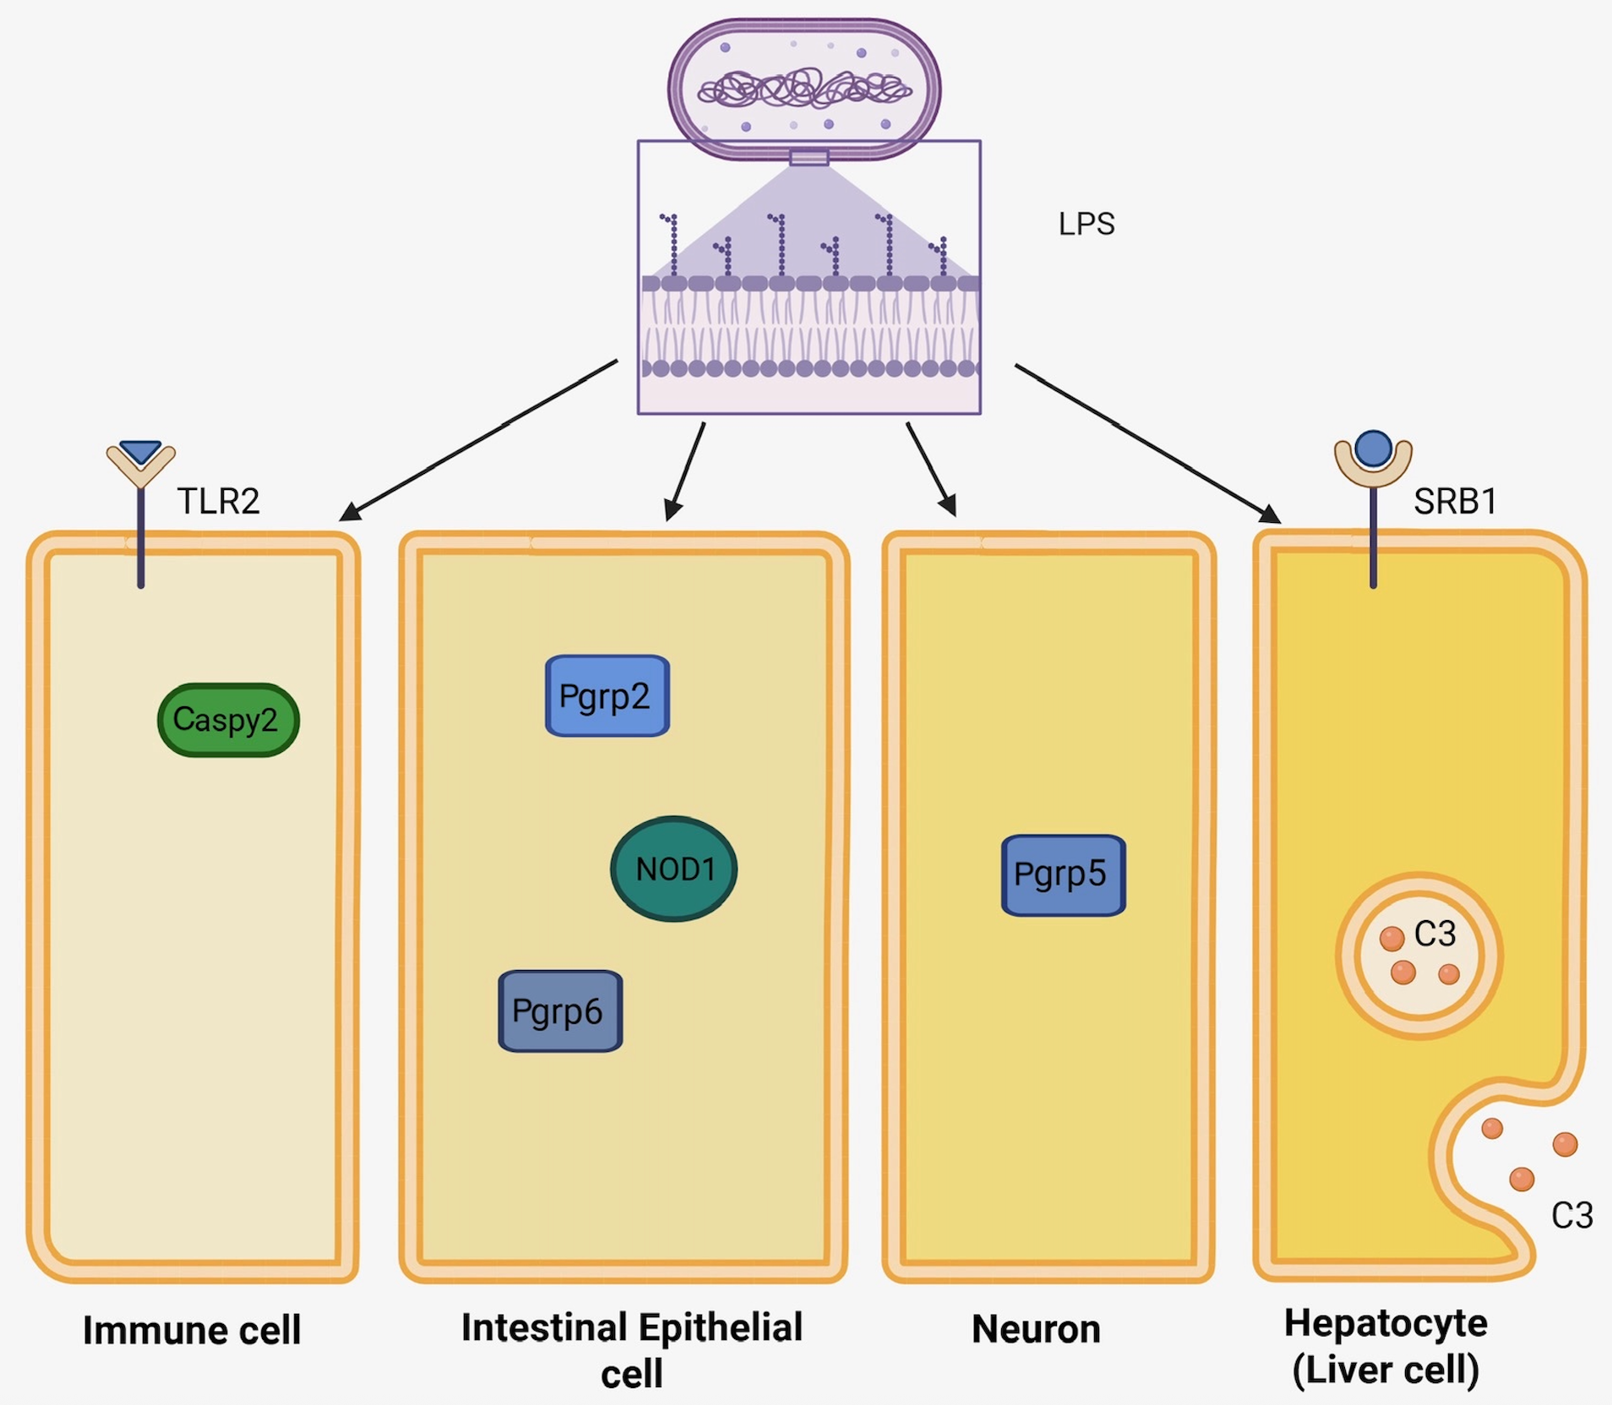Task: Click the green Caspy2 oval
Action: (228, 720)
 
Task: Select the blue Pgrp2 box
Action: (607, 696)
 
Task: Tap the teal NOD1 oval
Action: (673, 869)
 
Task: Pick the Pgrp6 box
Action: (560, 1011)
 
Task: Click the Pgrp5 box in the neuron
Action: (1063, 875)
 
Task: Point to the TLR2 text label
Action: (218, 501)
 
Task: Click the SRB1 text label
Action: (1455, 501)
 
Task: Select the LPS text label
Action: (1086, 224)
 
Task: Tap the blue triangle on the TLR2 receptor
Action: (140, 451)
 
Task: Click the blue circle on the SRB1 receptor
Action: (1373, 448)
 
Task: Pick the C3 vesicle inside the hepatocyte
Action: (1419, 956)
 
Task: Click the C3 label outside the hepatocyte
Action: (1571, 1216)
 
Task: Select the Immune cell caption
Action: (192, 1331)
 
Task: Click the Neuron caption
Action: (1036, 1329)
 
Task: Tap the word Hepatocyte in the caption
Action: (1386, 1323)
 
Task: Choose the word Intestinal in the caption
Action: (544, 1327)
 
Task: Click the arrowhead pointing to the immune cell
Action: (348, 513)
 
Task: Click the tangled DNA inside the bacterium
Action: (804, 89)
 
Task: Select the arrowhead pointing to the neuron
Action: (949, 505)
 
